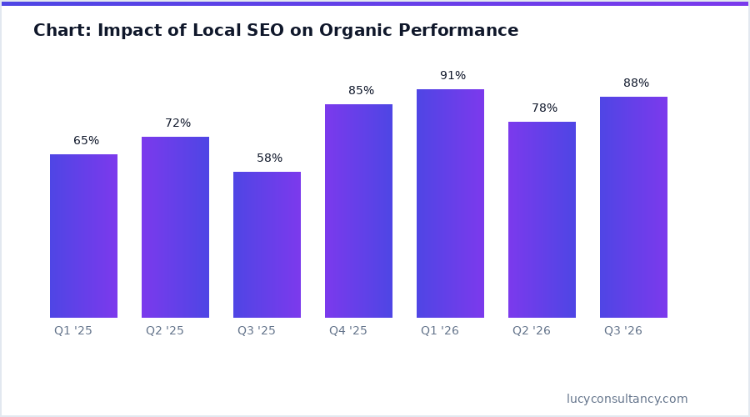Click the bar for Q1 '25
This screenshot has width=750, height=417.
pyautogui.click(x=83, y=236)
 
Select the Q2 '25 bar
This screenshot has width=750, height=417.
pyautogui.click(x=175, y=227)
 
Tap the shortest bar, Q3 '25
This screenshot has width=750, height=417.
pyautogui.click(x=267, y=244)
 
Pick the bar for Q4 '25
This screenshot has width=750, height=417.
pyautogui.click(x=358, y=211)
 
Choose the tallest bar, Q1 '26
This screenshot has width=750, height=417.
pyautogui.click(x=450, y=203)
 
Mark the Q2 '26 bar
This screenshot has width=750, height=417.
pyautogui.click(x=542, y=219)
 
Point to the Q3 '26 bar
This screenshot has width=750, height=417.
pyautogui.click(x=633, y=207)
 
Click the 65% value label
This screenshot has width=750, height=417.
pyautogui.click(x=86, y=141)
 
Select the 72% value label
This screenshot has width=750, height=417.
pyautogui.click(x=177, y=123)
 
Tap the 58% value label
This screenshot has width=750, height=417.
pyautogui.click(x=269, y=158)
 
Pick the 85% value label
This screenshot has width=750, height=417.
pyautogui.click(x=361, y=91)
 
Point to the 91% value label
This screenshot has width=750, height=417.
pyautogui.click(x=452, y=76)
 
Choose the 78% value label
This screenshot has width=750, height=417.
pyautogui.click(x=544, y=108)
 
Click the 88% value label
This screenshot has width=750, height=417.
pyautogui.click(x=636, y=83)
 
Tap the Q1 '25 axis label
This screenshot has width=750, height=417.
pyautogui.click(x=73, y=331)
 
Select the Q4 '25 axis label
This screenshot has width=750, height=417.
pyautogui.click(x=348, y=331)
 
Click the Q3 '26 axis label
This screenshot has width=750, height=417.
pyautogui.click(x=623, y=331)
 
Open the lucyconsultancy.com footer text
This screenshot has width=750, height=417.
pyautogui.click(x=627, y=399)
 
